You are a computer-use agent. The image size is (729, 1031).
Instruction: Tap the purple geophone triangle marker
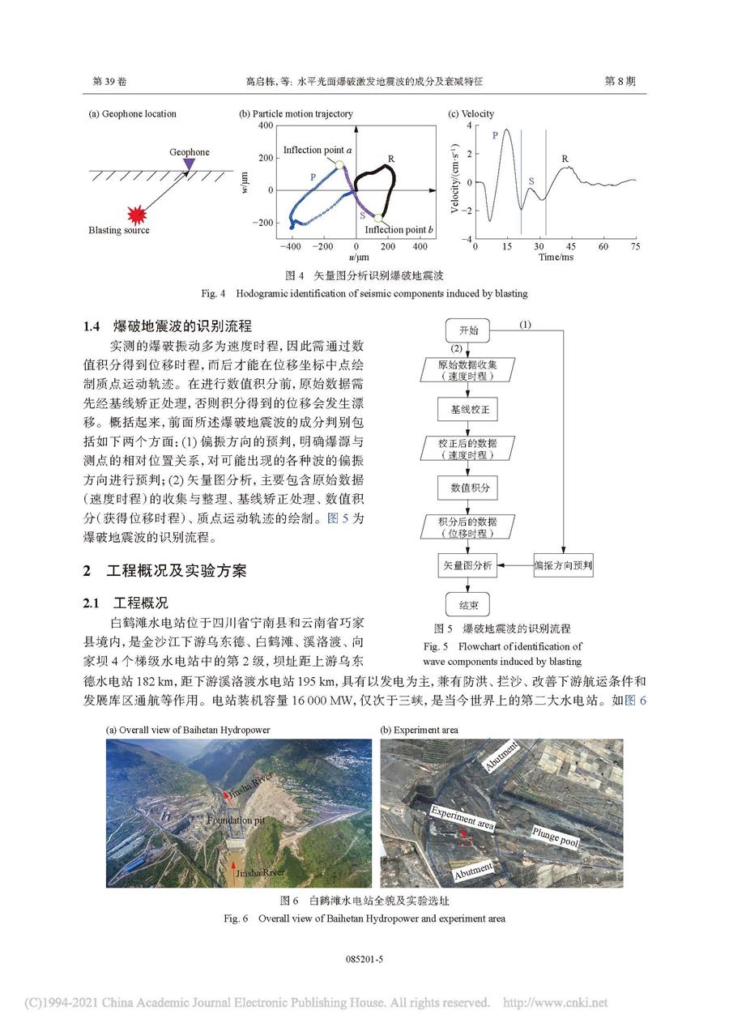pyautogui.click(x=189, y=164)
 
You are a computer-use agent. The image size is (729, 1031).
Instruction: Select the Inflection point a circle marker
pyautogui.click(x=339, y=165)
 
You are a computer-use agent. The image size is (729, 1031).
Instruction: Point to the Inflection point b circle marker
pyautogui.click(x=378, y=216)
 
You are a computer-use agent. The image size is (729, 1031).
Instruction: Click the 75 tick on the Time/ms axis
pyautogui.click(x=634, y=245)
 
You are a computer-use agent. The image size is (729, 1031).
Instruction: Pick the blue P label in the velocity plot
pyautogui.click(x=495, y=135)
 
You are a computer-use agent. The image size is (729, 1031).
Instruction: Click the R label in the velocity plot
pyautogui.click(x=565, y=159)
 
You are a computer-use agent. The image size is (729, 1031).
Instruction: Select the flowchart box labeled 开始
pyautogui.click(x=468, y=330)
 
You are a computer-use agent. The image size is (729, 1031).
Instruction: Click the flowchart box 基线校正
pyautogui.click(x=468, y=410)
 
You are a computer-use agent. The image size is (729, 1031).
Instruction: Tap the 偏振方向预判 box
pyautogui.click(x=564, y=565)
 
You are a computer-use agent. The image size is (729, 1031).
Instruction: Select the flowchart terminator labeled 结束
pyautogui.click(x=468, y=603)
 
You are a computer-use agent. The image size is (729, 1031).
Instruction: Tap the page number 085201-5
pyautogui.click(x=364, y=959)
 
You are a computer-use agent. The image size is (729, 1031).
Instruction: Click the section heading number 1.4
pyautogui.click(x=92, y=326)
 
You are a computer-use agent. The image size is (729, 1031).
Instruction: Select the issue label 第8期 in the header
pyautogui.click(x=620, y=82)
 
